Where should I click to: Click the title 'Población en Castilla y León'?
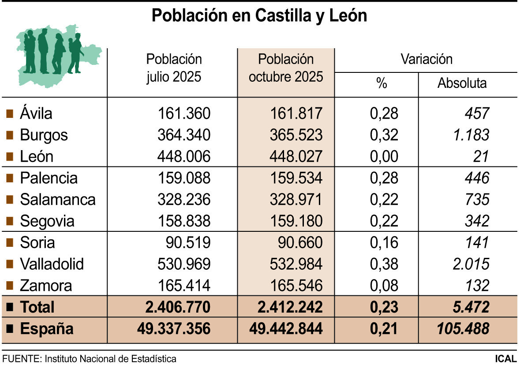click(x=259, y=15)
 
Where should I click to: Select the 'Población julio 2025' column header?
click(x=174, y=68)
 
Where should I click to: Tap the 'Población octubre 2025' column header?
click(x=286, y=68)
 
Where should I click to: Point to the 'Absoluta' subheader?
click(x=462, y=83)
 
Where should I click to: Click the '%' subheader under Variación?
click(x=381, y=83)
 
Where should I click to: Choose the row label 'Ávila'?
click(x=36, y=113)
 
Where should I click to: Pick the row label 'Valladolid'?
click(x=52, y=264)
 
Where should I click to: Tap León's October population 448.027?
click(x=296, y=156)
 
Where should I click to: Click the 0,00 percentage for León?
click(x=384, y=156)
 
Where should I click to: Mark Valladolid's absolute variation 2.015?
click(x=471, y=264)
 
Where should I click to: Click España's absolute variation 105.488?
click(x=463, y=329)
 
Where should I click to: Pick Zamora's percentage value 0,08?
click(x=384, y=286)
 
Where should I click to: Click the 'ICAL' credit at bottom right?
click(x=505, y=358)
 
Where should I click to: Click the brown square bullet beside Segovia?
click(x=9, y=221)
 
